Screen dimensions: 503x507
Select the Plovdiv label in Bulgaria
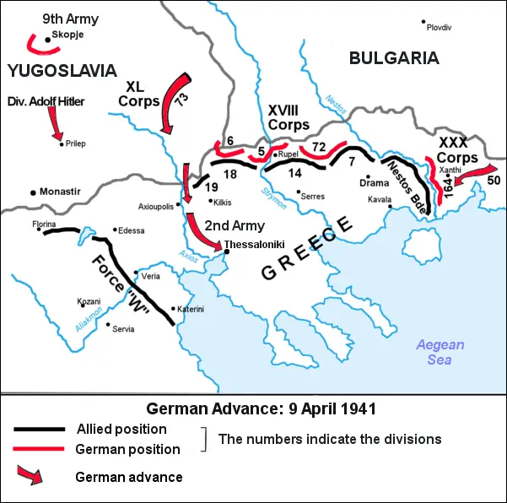pos(439,28)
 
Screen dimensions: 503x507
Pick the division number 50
pos(494,181)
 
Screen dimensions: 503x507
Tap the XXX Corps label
pos(457,150)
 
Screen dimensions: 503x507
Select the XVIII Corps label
pos(289,116)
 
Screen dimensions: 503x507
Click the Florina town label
pos(44,224)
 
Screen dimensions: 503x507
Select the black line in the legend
pos(39,428)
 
